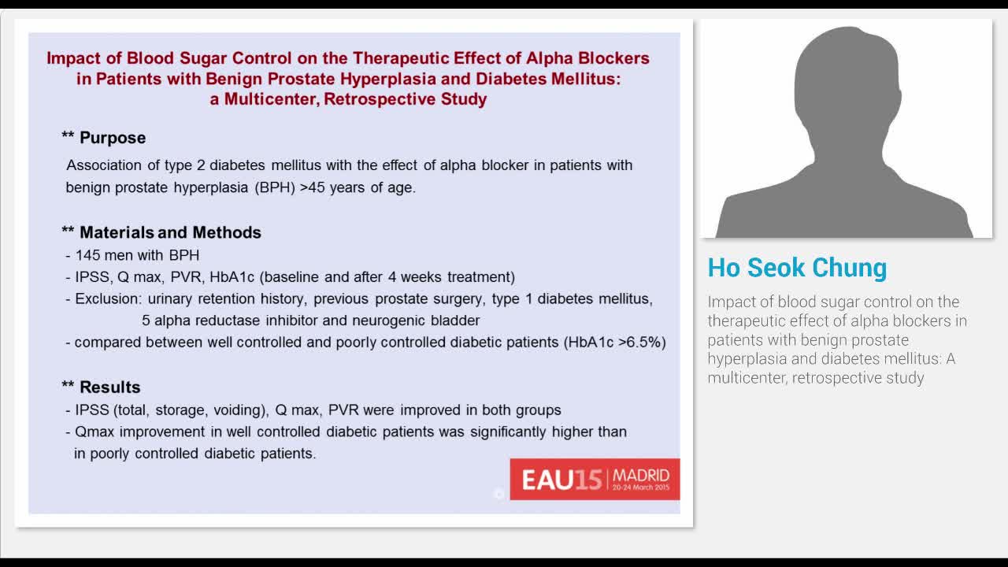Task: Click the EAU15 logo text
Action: click(561, 480)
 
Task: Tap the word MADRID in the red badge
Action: click(641, 475)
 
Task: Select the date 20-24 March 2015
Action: click(641, 487)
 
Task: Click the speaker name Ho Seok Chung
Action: click(797, 268)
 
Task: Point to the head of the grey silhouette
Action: click(847, 79)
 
